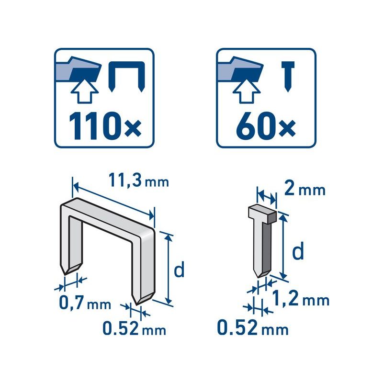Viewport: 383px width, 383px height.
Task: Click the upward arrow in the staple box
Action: point(85,90)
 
